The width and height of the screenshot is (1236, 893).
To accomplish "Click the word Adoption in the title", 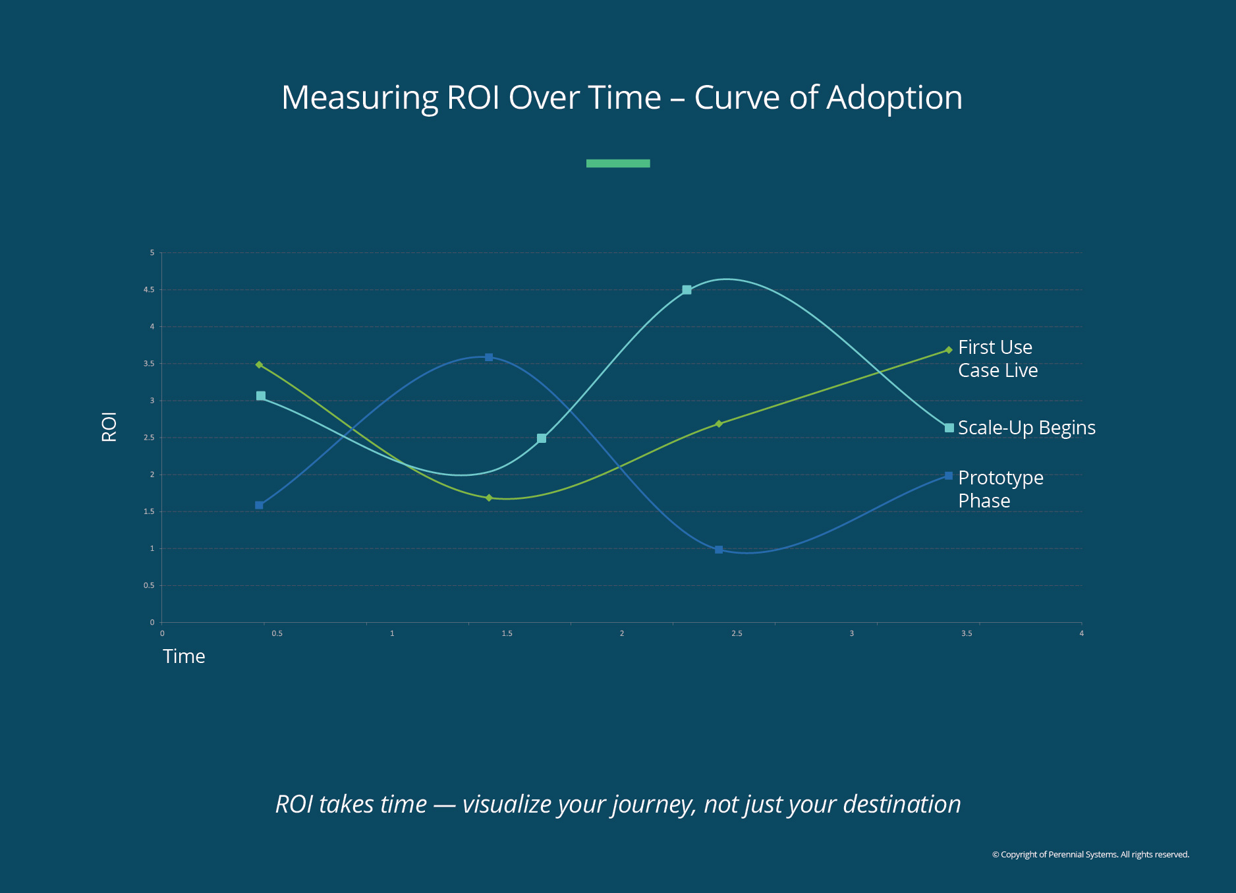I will point(894,98).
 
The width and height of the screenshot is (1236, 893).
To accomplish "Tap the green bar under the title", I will point(618,163).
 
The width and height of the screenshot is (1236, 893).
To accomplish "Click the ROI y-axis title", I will point(109,427).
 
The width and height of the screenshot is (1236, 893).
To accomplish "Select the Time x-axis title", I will point(184,656).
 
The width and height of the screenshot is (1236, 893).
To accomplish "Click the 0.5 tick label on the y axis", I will point(150,586).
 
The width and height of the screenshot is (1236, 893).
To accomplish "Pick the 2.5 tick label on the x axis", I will point(737,634).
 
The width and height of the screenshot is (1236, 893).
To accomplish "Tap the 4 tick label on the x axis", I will point(1081,634).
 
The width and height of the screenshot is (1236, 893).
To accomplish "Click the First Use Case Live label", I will point(997,359).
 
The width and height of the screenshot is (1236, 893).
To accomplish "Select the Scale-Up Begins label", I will point(1026,428).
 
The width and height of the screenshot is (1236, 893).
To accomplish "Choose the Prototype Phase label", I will point(1000,489).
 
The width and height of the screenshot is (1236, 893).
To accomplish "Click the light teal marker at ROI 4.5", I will point(687,290).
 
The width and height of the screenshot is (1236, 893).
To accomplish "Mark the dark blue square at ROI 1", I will point(719,550).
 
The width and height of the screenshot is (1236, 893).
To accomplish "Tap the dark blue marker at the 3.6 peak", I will point(489,357).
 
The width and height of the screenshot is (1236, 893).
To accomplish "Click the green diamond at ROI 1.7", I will point(489,498).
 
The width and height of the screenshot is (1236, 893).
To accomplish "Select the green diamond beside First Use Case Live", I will point(949,350).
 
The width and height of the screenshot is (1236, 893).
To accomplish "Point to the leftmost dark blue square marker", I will point(259,505).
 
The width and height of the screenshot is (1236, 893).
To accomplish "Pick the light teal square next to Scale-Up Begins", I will point(949,428).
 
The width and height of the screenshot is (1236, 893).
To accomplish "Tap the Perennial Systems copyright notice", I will point(1090,855).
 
